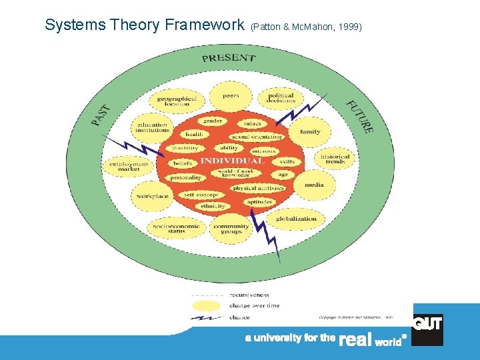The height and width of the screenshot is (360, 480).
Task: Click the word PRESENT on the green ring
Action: (229, 58)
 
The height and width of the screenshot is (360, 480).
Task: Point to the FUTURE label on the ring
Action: (359, 117)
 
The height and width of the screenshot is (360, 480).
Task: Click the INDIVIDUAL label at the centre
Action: (233, 161)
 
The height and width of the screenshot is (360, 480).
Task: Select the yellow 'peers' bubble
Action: (231, 97)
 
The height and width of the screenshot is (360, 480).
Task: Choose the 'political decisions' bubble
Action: (281, 98)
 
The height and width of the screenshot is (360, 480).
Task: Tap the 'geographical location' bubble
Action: (177, 101)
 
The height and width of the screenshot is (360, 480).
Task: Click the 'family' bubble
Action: (310, 132)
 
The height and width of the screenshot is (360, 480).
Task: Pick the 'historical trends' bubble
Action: (335, 159)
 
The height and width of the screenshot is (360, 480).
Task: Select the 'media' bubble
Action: (314, 185)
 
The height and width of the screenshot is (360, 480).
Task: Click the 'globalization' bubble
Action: (296, 219)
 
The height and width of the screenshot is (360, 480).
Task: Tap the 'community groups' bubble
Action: (231, 229)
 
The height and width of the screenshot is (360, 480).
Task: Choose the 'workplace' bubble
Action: (153, 197)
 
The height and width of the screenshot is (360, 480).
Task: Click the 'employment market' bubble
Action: (129, 166)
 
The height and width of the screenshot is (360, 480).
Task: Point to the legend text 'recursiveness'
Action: (249, 294)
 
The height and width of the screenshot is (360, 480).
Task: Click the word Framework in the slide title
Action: (205, 25)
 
